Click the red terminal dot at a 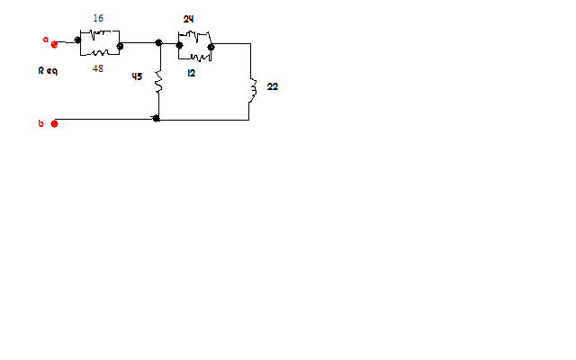pos(55,43)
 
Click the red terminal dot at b pos(55,123)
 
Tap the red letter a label pos(45,40)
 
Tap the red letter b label pos(40,123)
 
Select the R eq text pos(48,70)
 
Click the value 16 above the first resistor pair pos(98,18)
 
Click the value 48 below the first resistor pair pos(98,68)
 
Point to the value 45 pos(137,76)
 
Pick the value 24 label pos(188,19)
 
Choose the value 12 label pos(192,73)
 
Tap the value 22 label pos(273,86)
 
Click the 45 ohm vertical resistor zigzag pos(158,84)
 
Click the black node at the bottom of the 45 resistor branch pos(157,118)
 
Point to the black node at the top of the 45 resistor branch pos(158,42)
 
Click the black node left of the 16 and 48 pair pos(79,40)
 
